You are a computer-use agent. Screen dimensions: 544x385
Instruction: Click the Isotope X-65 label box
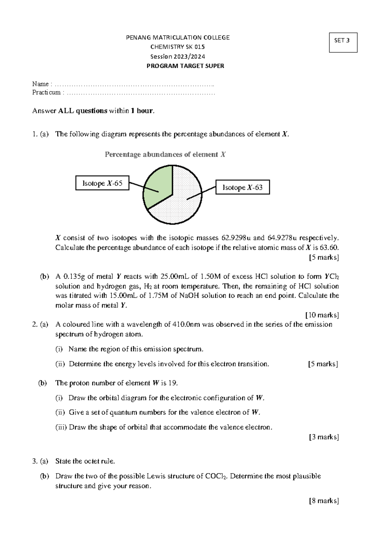[102, 183]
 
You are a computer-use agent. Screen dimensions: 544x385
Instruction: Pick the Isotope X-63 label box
[243, 187]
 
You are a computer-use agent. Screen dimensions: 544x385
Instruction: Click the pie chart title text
[165, 155]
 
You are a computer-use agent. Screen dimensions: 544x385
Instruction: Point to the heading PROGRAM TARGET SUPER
[185, 66]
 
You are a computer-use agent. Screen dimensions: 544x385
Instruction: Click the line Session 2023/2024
[178, 56]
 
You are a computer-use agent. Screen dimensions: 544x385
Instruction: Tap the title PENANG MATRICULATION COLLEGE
[178, 38]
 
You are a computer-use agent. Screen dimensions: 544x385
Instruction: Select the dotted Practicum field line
[141, 93]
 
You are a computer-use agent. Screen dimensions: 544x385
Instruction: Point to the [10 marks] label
[322, 315]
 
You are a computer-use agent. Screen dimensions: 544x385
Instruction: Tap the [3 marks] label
[324, 437]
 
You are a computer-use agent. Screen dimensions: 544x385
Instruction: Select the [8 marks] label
[324, 501]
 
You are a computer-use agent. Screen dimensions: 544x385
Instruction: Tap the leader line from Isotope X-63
[201, 193]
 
